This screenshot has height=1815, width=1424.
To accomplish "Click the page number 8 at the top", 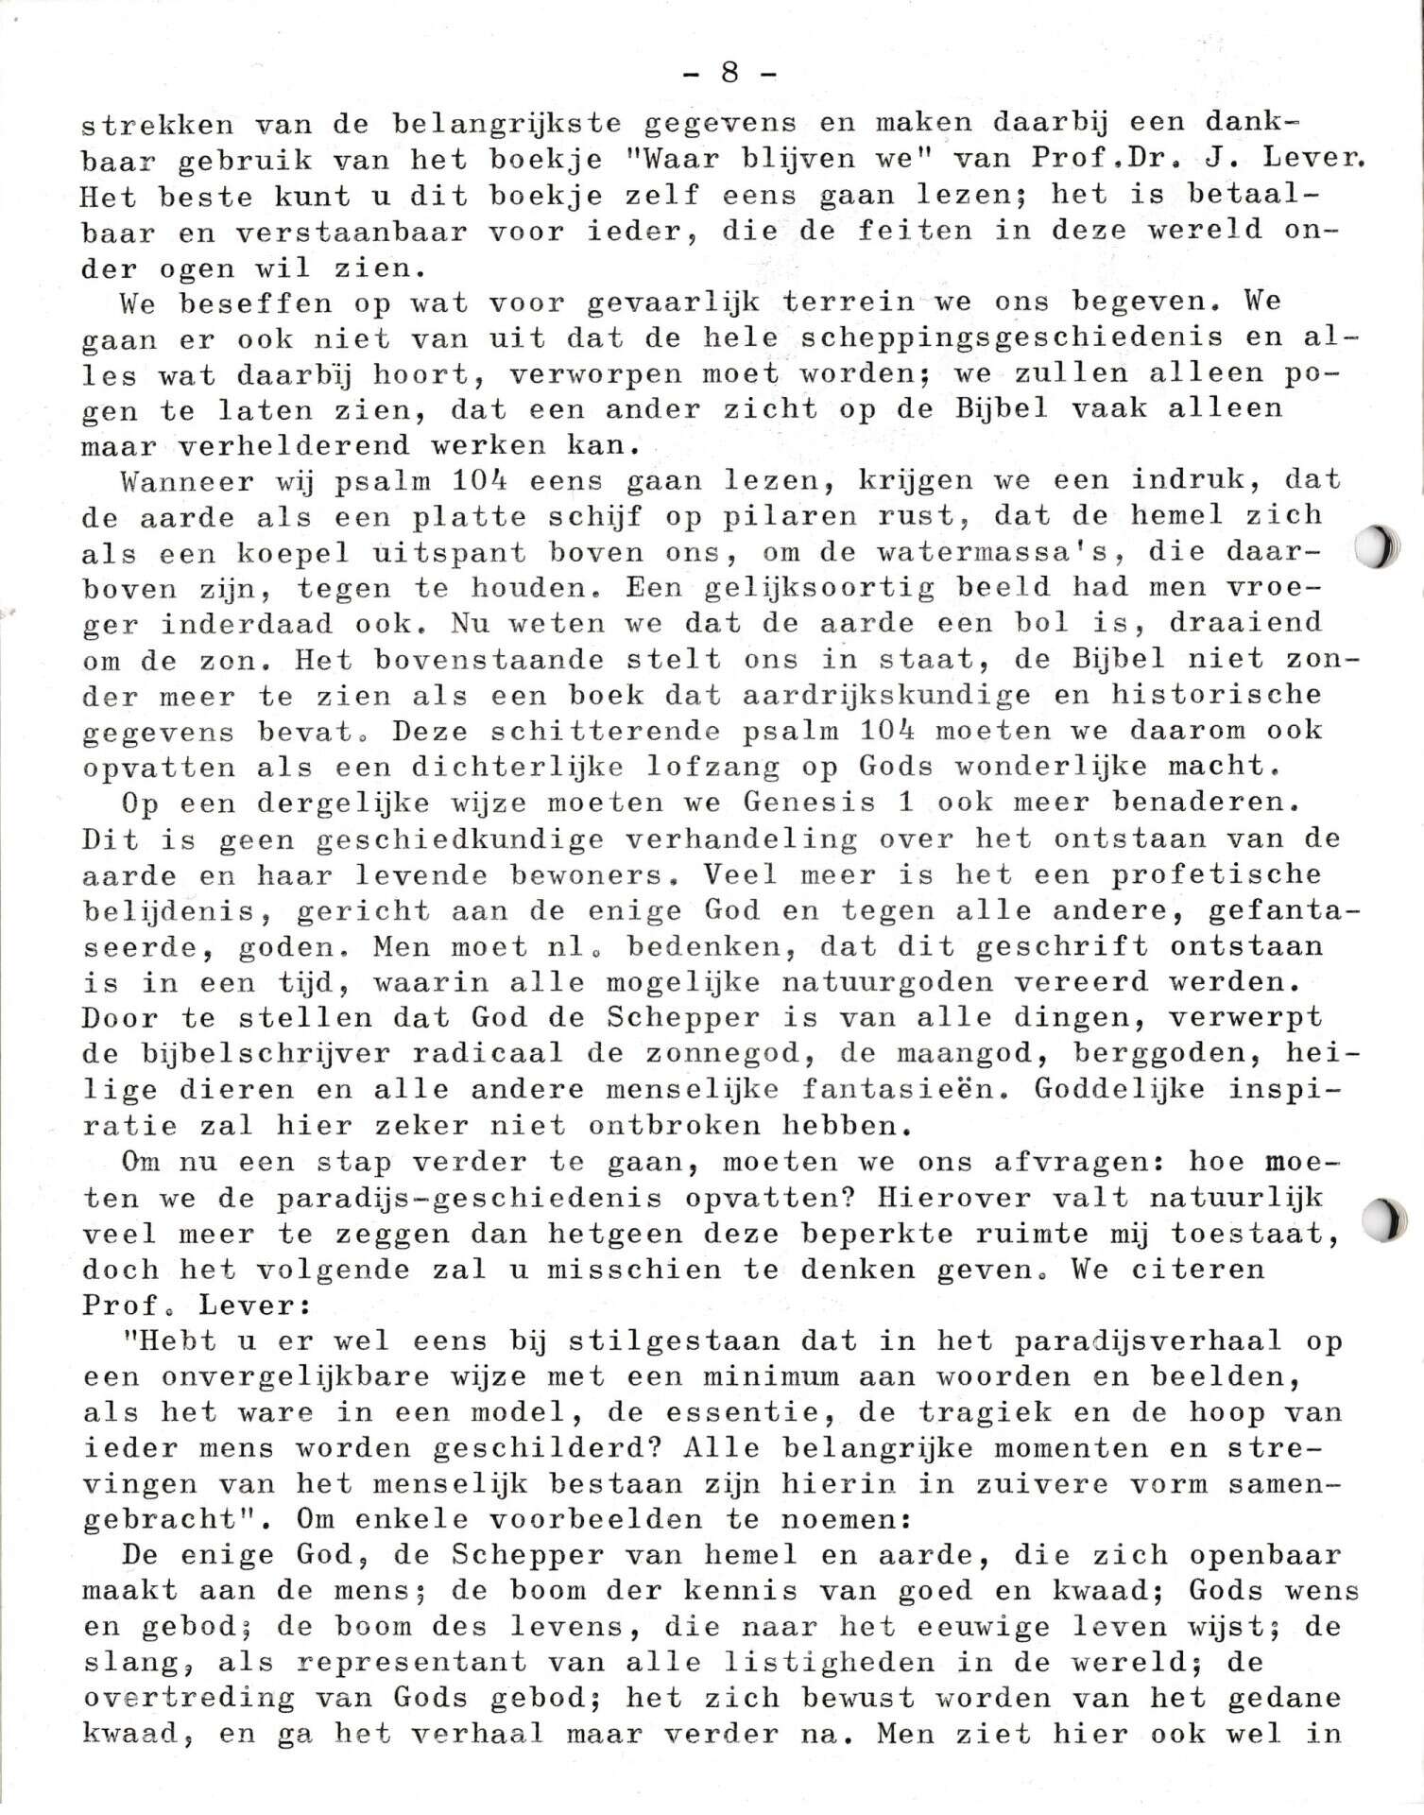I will tap(729, 73).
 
